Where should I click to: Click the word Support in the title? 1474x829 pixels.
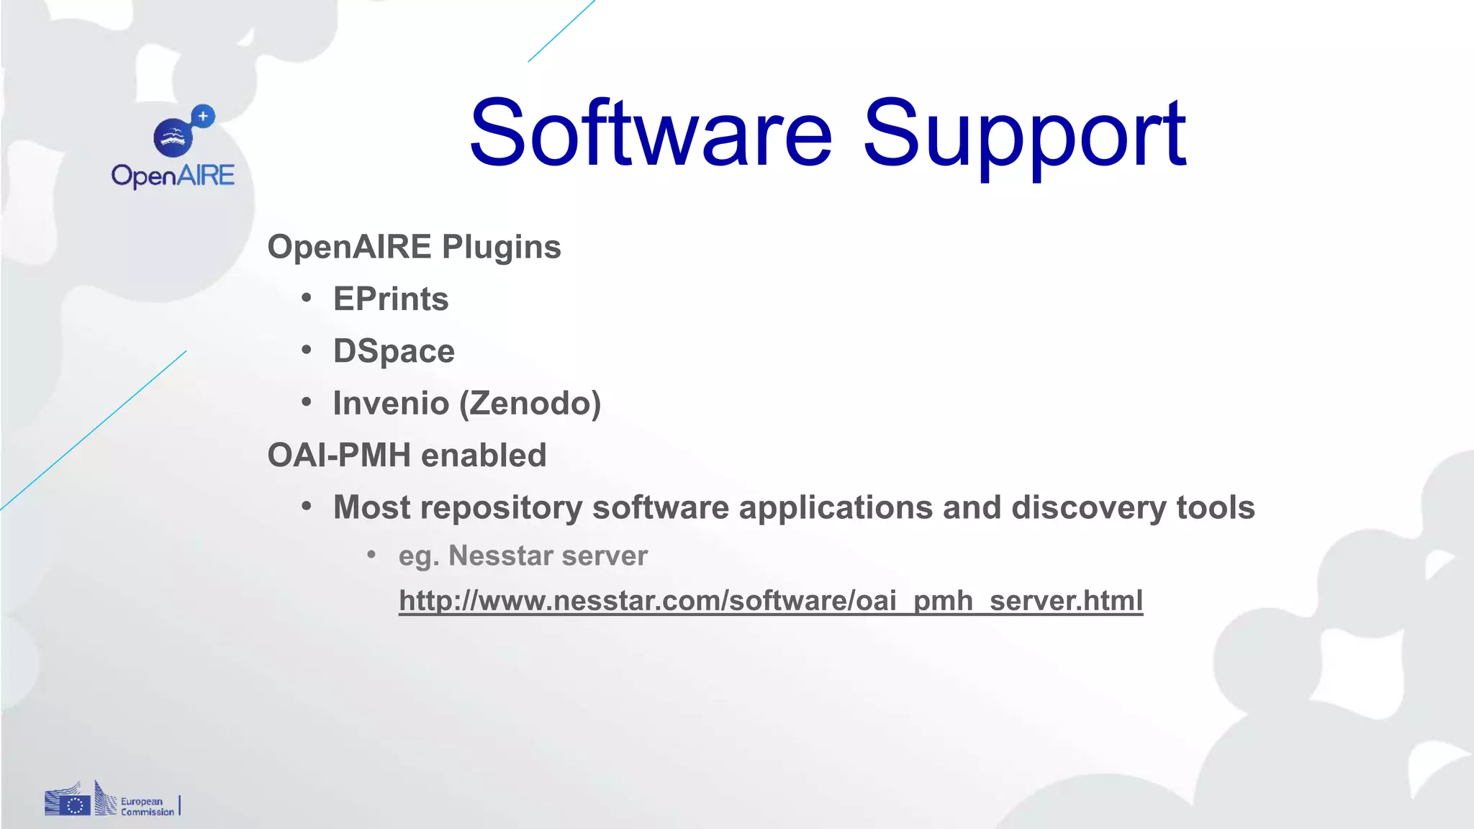(1024, 135)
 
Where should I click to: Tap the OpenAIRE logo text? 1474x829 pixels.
(173, 176)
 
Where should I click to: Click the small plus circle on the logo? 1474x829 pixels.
(204, 116)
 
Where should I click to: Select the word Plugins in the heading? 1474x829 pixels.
(501, 248)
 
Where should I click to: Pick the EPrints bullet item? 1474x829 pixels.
(391, 299)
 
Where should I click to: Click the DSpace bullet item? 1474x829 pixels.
(394, 351)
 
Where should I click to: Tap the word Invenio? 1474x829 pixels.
(391, 403)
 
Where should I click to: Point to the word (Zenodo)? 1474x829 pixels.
(530, 403)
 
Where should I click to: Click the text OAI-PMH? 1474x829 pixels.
(339, 456)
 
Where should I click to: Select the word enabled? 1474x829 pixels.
(484, 456)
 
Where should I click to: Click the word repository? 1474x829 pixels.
(501, 508)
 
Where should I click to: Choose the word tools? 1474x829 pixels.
(1216, 507)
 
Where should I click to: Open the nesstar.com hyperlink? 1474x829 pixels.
(770, 601)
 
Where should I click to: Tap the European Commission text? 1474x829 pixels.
(147, 807)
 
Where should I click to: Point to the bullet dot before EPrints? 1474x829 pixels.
(307, 298)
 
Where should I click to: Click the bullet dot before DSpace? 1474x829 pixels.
(307, 350)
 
